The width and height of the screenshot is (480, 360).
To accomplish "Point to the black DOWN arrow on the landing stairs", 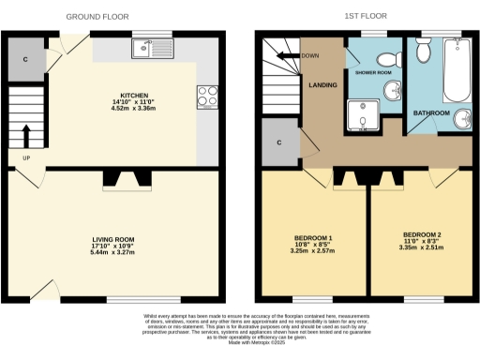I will pyautogui.click(x=298, y=55).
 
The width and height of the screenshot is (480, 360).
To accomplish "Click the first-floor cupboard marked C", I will pyautogui.click(x=280, y=143).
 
